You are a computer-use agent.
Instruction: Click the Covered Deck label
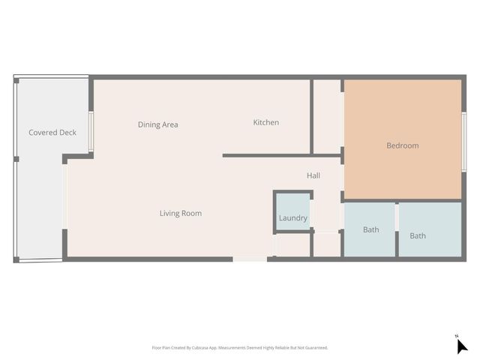[52, 133]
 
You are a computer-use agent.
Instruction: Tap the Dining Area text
[157, 124]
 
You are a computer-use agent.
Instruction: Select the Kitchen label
[265, 122]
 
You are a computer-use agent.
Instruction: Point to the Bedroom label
[402, 145]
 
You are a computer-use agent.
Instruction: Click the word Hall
[313, 175]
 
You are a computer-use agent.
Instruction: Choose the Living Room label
[180, 213]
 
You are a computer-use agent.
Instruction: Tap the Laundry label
[292, 218]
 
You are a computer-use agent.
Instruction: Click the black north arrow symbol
[461, 346]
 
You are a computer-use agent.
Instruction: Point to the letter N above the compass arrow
[456, 335]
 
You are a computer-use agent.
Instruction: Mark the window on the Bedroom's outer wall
[464, 141]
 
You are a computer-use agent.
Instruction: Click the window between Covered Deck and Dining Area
[91, 132]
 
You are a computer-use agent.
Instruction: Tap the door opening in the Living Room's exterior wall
[249, 259]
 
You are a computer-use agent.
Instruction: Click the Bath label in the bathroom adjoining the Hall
[370, 229]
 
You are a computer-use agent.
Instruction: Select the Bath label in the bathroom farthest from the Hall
[418, 235]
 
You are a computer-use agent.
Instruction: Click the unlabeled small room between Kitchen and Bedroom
[327, 116]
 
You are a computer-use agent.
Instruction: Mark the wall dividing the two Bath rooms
[397, 229]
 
